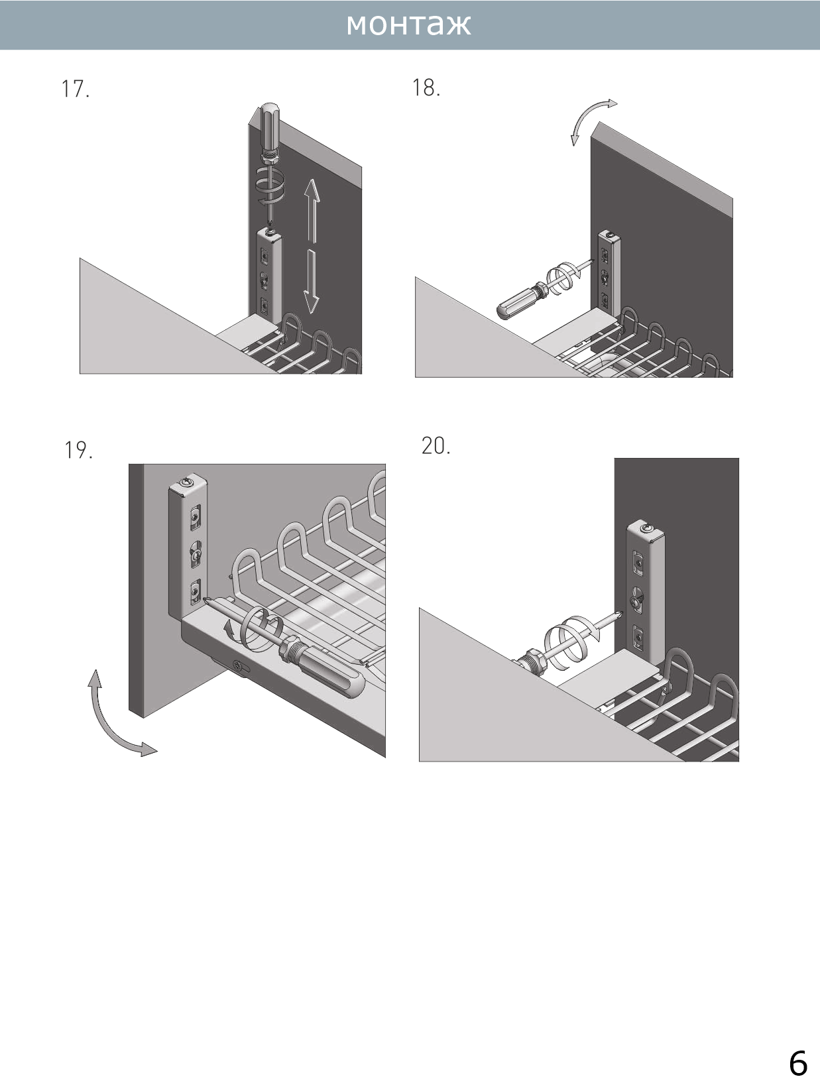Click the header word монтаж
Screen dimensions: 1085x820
408,25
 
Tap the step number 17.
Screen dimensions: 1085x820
75,89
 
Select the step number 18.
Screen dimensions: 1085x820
426,87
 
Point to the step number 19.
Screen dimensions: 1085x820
78,450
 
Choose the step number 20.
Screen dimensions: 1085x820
436,445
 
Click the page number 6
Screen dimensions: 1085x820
797,1062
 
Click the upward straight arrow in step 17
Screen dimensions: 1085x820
312,210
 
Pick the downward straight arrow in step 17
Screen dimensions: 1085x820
311,282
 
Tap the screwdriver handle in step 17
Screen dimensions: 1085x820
270,126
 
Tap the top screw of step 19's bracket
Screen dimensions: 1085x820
189,481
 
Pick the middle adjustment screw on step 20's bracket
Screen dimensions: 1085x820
637,600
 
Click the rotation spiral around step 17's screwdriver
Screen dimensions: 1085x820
270,184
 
